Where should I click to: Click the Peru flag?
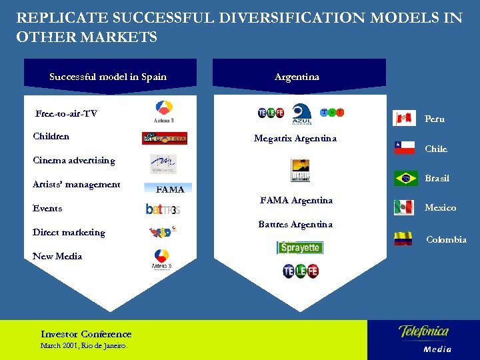(405, 119)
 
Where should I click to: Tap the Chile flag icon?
(404, 148)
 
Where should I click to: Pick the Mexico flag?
(404, 207)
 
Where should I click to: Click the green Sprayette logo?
(299, 247)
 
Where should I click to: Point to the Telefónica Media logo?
(424, 338)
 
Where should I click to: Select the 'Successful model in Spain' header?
(108, 77)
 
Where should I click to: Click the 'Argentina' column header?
(297, 77)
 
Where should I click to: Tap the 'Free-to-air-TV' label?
(66, 113)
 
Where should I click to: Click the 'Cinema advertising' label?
(73, 160)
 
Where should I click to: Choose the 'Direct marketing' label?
(69, 232)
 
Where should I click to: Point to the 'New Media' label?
(57, 256)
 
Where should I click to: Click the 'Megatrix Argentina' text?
(295, 139)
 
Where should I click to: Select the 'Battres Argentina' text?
(295, 224)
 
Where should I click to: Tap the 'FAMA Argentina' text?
(296, 200)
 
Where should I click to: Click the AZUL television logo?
(302, 113)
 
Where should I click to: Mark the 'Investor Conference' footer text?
(86, 334)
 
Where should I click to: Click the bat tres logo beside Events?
(163, 209)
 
